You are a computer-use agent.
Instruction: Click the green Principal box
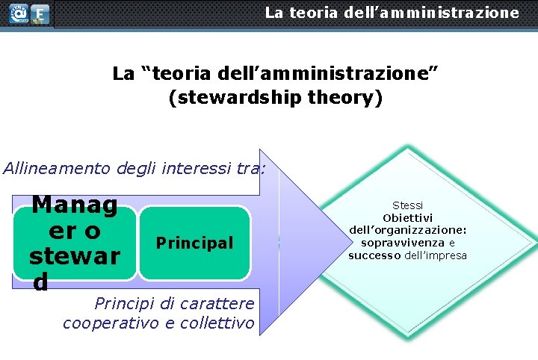pyautogui.click(x=194, y=243)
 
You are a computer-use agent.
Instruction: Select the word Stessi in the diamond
pyautogui.click(x=407, y=205)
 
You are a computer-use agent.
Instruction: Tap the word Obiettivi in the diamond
pyautogui.click(x=407, y=217)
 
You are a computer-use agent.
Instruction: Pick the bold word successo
pyautogui.click(x=375, y=255)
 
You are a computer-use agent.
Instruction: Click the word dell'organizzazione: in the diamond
pyautogui.click(x=407, y=230)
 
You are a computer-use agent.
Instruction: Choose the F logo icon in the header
pyautogui.click(x=40, y=13)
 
